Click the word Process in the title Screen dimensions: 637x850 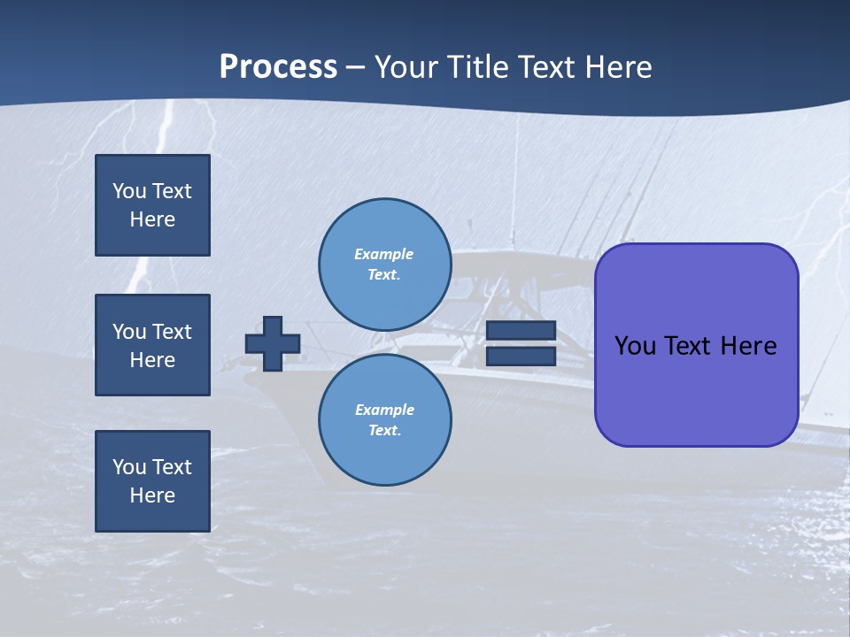coord(278,67)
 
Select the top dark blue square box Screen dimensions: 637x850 coord(152,205)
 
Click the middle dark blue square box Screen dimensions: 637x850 coord(152,345)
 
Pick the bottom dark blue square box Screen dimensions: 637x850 coord(152,480)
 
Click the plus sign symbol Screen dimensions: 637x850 coord(273,343)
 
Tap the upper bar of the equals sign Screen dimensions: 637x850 coord(521,330)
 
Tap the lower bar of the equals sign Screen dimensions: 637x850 coord(521,356)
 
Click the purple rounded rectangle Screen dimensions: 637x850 coord(696,389)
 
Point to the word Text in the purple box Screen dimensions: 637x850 coord(692,346)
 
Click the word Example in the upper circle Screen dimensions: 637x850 coord(383,254)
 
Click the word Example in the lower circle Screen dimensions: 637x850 coord(384,410)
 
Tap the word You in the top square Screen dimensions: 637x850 coord(128,191)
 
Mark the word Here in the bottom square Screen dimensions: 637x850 coord(152,495)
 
